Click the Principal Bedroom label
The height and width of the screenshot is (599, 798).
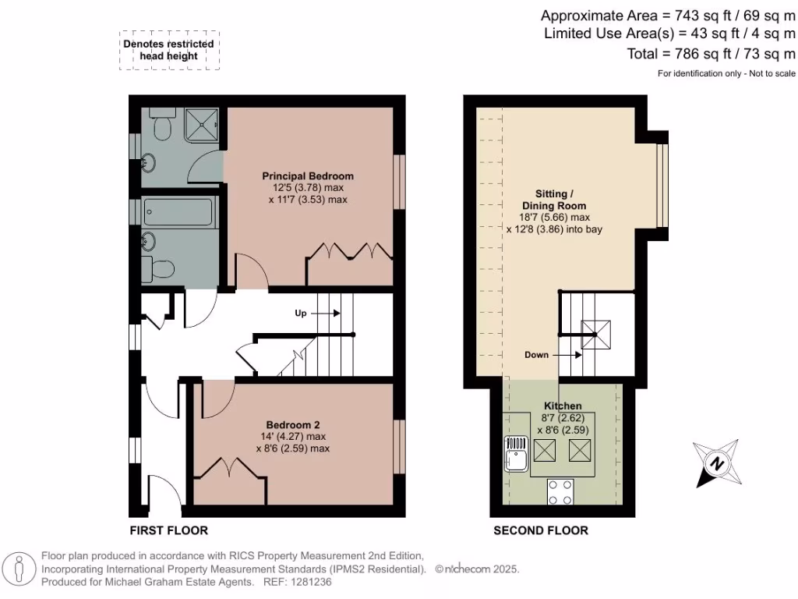tap(308, 175)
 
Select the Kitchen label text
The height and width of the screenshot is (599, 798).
tap(563, 406)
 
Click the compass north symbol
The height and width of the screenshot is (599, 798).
tap(715, 463)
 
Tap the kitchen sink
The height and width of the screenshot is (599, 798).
tap(515, 453)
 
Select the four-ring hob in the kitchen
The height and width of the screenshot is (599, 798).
tap(561, 492)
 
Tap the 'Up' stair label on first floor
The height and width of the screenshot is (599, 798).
tap(300, 313)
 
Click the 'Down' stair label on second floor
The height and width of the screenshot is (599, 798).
tap(536, 354)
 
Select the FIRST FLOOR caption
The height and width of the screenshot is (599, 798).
tap(168, 530)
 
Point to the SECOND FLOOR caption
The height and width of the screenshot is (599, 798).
tap(541, 530)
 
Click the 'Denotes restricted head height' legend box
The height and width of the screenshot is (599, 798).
tap(170, 51)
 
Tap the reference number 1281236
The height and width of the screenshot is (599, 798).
tap(310, 582)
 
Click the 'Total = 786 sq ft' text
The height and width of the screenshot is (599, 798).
tap(711, 54)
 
